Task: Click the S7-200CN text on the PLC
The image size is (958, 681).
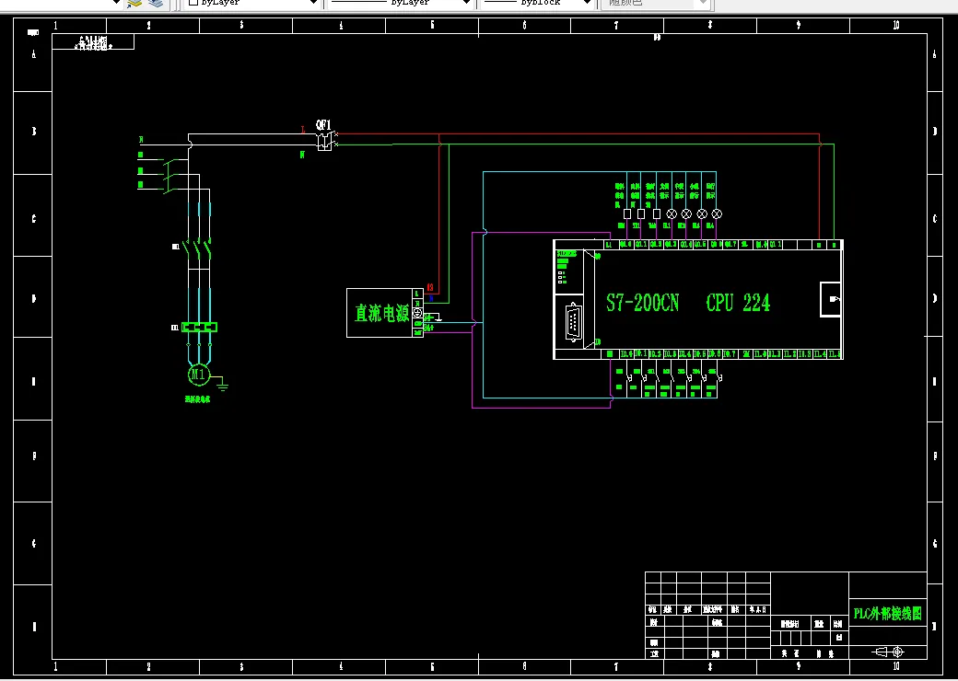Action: pos(642,303)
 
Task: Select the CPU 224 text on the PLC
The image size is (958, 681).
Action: pos(738,303)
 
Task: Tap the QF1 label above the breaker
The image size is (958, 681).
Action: pos(323,124)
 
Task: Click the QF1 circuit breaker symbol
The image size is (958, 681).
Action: pos(324,141)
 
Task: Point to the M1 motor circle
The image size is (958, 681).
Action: pos(198,374)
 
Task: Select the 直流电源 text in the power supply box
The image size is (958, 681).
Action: pos(381,313)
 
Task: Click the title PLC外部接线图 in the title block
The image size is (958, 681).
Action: pos(887,613)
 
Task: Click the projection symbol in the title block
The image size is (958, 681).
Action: pos(888,652)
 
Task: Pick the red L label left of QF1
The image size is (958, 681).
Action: pos(303,131)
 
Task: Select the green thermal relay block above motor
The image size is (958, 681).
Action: pos(199,327)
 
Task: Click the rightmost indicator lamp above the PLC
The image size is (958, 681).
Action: pos(717,214)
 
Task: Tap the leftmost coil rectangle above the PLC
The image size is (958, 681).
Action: pos(627,214)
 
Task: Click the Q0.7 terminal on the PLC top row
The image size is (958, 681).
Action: pos(730,245)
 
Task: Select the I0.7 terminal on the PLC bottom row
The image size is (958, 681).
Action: pos(730,353)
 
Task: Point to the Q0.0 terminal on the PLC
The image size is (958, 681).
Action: pos(625,245)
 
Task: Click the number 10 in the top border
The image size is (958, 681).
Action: pos(895,26)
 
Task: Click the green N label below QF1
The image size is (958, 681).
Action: pos(302,155)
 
